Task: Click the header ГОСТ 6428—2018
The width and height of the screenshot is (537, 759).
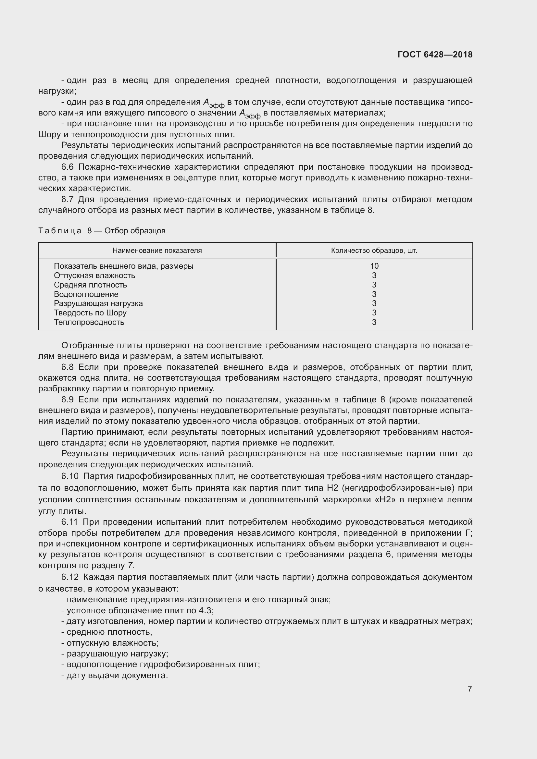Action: pos(435,55)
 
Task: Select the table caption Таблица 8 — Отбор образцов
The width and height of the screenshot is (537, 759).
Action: pos(102,231)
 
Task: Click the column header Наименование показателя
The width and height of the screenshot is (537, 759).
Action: pos(157,251)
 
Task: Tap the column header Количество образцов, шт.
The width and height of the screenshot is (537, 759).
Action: pos(374,251)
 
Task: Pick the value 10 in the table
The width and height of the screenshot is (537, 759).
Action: pos(374,266)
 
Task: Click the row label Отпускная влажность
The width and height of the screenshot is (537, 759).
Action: pos(94,275)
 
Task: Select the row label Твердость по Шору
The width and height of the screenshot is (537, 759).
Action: pos(90,313)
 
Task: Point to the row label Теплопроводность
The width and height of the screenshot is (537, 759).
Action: pos(89,322)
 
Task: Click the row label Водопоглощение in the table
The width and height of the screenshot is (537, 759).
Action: pos(86,294)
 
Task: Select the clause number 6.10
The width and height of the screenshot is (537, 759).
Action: pos(70,476)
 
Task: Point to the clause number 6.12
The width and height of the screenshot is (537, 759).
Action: pos(70,577)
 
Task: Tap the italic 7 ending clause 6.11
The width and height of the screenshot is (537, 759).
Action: pos(131,566)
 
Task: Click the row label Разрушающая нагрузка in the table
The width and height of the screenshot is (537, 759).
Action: pos(98,303)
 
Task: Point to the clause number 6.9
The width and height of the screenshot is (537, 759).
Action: pos(68,400)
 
